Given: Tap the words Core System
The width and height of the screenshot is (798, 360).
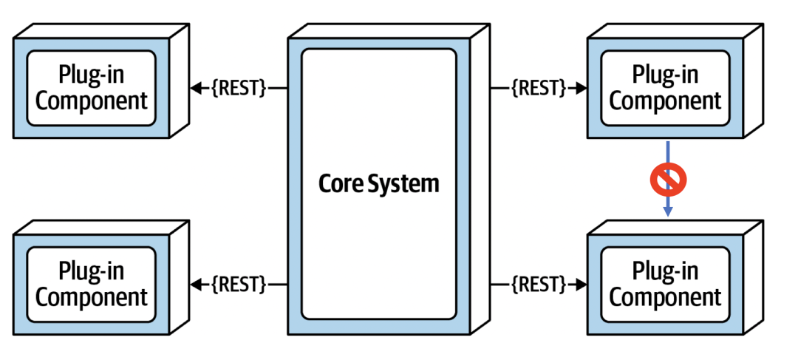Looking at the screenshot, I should coord(378,183).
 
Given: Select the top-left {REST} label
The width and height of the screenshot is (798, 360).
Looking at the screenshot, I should coord(238,88).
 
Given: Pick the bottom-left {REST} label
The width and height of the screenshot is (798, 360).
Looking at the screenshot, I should coord(238,284).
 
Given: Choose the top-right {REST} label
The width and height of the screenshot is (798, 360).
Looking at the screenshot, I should coord(539,88).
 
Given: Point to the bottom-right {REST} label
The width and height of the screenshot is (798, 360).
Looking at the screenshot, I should coord(539,284).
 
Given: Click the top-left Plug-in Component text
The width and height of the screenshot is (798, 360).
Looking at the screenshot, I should coord(92,87).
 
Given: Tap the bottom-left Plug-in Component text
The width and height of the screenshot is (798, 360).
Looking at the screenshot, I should coord(92,285).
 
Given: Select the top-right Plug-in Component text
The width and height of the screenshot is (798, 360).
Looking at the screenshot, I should coord(665,87).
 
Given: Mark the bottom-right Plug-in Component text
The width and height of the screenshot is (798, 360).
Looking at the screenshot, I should coord(665,285).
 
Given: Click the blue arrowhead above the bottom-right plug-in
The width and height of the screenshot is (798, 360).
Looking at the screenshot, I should coord(668,211).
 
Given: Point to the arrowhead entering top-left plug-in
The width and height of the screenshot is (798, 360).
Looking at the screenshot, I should coord(196,88).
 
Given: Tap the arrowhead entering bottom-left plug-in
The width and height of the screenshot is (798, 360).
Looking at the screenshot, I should coord(196,284).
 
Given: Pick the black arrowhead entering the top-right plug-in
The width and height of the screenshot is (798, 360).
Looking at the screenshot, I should coord(582,88).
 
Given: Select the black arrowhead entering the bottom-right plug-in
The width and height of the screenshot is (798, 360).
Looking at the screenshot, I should coord(582,284).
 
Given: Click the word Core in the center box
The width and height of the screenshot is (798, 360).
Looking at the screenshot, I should coord(339,183).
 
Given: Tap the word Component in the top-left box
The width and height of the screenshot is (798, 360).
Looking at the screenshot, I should coord(92,100).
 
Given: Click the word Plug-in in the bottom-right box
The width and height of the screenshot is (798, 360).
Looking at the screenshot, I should coord(665,272).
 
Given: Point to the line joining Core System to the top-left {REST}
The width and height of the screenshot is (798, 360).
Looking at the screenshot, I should coord(277,88).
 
